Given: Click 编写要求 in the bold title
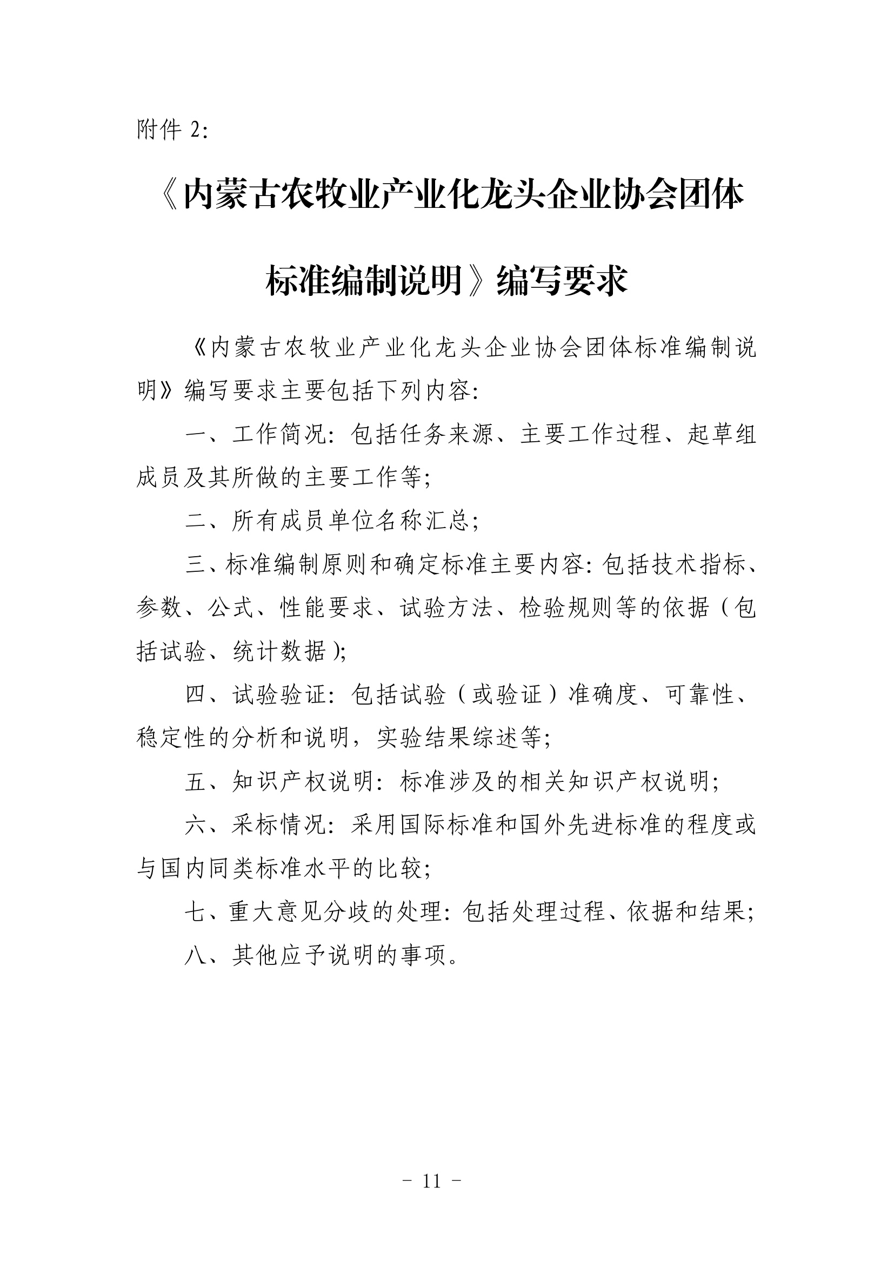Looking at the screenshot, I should pyautogui.click(x=562, y=281).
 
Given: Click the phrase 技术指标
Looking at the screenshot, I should pyautogui.click(x=698, y=565).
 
